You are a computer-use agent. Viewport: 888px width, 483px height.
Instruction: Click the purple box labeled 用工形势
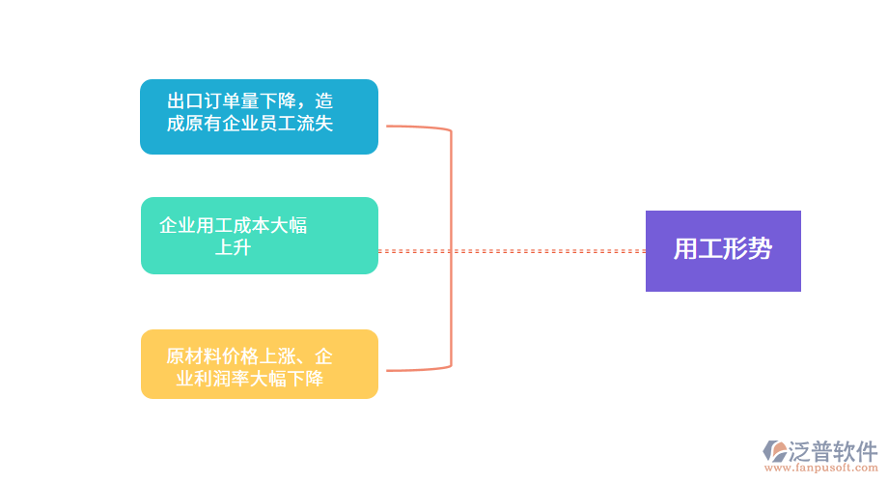(723, 250)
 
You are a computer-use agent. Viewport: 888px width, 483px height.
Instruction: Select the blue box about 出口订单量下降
(259, 117)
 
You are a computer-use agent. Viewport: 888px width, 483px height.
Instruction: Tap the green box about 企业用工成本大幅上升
(259, 236)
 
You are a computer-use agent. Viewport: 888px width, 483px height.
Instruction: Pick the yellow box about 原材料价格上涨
(259, 364)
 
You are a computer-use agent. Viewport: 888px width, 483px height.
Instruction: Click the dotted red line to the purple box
(512, 251)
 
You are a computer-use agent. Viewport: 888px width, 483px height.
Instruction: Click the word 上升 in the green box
(233, 248)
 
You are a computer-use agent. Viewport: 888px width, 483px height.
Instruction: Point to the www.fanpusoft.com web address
(821, 469)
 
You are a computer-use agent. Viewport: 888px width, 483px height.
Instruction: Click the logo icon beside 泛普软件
(775, 450)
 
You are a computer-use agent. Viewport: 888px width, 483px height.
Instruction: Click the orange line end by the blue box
(390, 126)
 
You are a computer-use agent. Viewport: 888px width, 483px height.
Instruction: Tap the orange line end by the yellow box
(390, 371)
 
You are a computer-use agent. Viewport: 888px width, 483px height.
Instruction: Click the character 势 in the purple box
(761, 249)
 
